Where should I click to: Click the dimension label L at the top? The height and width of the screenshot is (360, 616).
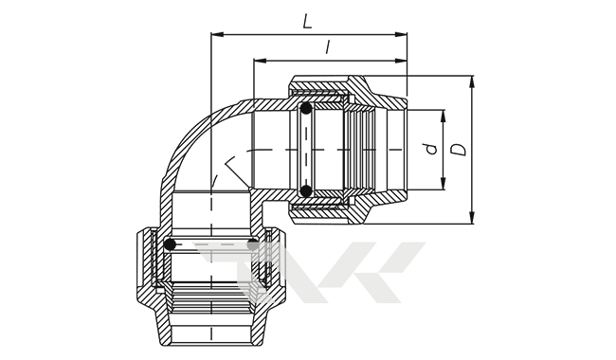307,21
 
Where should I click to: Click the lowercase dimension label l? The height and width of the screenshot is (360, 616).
328,47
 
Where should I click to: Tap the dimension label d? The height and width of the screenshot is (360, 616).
431,149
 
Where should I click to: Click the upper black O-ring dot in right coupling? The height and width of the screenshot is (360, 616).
305,108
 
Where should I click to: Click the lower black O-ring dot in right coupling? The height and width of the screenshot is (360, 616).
305,190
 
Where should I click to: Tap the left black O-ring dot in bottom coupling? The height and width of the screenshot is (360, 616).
170,244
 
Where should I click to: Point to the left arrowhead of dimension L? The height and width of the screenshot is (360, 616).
217,34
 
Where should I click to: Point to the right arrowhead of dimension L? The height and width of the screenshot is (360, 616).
401,34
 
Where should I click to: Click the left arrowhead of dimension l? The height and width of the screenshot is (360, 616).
260,61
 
